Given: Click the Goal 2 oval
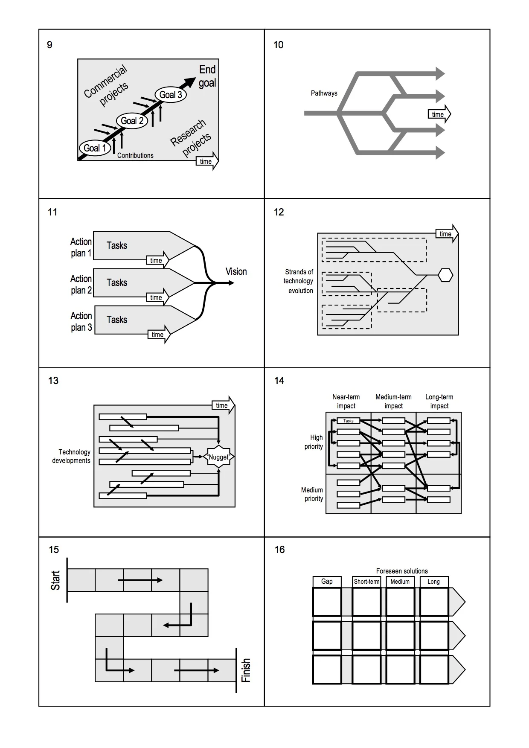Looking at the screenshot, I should [132, 121].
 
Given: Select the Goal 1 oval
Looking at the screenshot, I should [95, 148].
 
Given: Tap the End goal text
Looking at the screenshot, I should [207, 76].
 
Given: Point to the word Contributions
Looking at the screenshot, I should [135, 156].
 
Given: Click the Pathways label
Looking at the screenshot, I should [324, 93].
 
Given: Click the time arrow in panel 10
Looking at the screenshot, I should [439, 114].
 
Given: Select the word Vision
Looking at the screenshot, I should [236, 271].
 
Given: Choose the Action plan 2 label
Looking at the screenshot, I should [81, 284].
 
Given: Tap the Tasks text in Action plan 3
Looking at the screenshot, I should [117, 320].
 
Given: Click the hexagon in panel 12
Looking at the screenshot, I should [445, 275].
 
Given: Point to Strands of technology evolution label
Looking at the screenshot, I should [299, 281].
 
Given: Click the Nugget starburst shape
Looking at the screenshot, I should [218, 457].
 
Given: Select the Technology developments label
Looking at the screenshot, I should [72, 456].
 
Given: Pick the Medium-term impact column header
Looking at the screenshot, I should [393, 402].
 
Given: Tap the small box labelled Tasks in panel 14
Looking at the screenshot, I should [348, 421].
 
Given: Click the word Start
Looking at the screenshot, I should [55, 580].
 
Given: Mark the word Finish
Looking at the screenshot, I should [246, 670].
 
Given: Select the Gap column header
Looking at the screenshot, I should [327, 582].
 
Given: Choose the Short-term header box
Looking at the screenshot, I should [366, 582].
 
